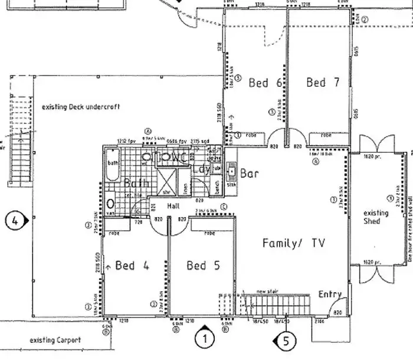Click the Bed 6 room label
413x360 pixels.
pos(265,83)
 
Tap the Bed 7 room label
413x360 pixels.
pos(323,83)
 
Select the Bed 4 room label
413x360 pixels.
pos(133,266)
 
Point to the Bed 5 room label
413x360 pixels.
pos(204,266)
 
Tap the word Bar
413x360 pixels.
pos(250,174)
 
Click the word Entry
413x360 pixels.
pos(330,294)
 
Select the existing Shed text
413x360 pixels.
pos(376,217)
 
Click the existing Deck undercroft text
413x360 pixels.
pos(81,107)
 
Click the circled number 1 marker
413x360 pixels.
pos(204,339)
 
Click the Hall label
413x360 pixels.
pos(173,207)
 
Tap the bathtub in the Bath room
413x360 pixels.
pos(113,168)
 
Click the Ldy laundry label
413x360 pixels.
pos(201,169)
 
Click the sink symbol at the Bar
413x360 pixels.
pos(232,173)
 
